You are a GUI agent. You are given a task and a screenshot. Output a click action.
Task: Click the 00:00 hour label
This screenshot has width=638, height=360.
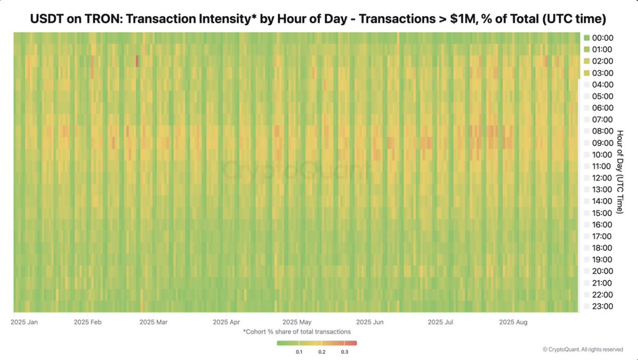click(602, 38)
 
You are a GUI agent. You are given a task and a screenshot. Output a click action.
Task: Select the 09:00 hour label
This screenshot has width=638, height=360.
click(602, 143)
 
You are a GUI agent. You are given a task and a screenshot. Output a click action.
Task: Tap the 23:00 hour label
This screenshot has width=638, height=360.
click(602, 306)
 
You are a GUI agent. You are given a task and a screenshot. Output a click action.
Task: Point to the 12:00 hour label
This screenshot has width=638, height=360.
click(602, 178)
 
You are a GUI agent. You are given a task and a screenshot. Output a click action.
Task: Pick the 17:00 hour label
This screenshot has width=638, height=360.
click(602, 236)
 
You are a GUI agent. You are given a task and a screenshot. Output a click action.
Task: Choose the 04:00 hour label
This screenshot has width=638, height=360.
click(602, 85)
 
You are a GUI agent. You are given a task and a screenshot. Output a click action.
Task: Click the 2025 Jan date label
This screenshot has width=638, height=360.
click(24, 322)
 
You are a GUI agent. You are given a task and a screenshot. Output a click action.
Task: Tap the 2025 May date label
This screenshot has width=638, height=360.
click(297, 322)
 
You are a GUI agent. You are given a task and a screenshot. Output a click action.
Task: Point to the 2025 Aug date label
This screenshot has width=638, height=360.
click(513, 322)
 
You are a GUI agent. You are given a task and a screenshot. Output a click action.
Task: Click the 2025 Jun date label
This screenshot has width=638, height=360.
click(370, 322)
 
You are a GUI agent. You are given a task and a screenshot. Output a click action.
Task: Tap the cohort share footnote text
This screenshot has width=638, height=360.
click(297, 331)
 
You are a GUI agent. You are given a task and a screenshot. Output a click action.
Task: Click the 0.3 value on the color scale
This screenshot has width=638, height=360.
click(345, 352)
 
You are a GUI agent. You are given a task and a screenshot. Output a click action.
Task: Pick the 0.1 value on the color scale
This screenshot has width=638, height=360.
click(299, 352)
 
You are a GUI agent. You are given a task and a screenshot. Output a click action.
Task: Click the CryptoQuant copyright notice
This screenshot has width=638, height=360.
click(583, 349)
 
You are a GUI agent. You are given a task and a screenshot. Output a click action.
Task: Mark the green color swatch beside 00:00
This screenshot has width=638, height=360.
click(587, 38)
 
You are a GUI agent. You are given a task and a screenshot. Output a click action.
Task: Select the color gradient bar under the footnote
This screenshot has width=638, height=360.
click(317, 344)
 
